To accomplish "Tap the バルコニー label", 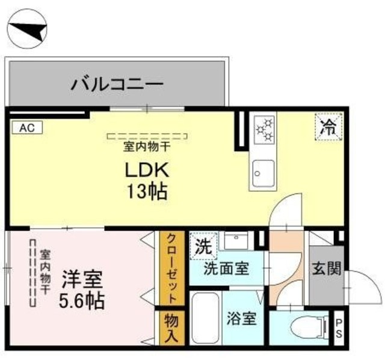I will [117, 83].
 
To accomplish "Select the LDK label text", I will [147, 170].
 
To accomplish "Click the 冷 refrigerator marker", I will [328, 127].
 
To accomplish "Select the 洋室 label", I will [83, 279].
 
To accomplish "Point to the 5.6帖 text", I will [82, 300].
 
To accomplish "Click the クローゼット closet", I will [171, 268].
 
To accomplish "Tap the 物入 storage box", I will [171, 328].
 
